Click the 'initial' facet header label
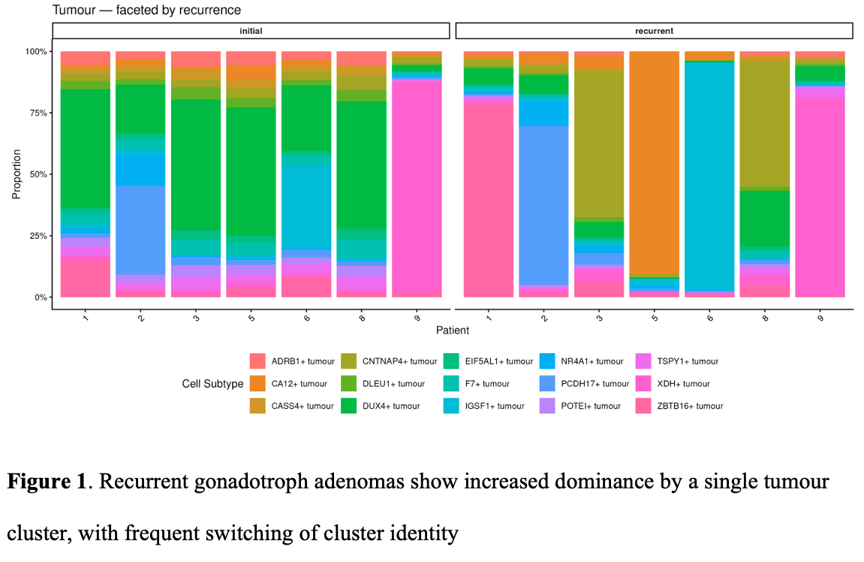pos(251,31)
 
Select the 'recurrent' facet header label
pos(654,31)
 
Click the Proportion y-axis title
pos(16,174)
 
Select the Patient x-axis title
pos(453,331)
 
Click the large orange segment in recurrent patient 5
pos(654,163)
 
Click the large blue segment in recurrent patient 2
pos(544,205)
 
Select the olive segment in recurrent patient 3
pos(599,144)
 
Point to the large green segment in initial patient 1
pos(86,148)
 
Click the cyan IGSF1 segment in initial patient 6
pos(306,207)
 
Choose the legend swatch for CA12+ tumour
pos(257,383)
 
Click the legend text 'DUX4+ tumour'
pos(391,406)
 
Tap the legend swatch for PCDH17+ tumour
pos(547,383)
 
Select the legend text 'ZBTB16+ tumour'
pos(690,406)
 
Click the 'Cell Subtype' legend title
pos(212,384)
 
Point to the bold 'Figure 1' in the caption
pos(47,482)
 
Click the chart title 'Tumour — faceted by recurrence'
pos(146,10)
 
